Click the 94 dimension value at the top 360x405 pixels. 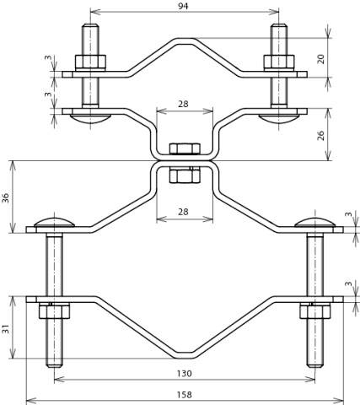click(x=184, y=7)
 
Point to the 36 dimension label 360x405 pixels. click(x=7, y=197)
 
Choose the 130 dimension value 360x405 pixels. click(x=184, y=373)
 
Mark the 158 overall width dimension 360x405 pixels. click(x=184, y=394)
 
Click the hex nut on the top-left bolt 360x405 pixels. click(x=89, y=62)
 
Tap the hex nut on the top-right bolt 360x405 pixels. click(x=278, y=62)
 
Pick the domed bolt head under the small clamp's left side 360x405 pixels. click(x=89, y=118)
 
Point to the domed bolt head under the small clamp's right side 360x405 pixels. click(x=278, y=118)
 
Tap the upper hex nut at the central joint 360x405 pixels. click(x=184, y=149)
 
